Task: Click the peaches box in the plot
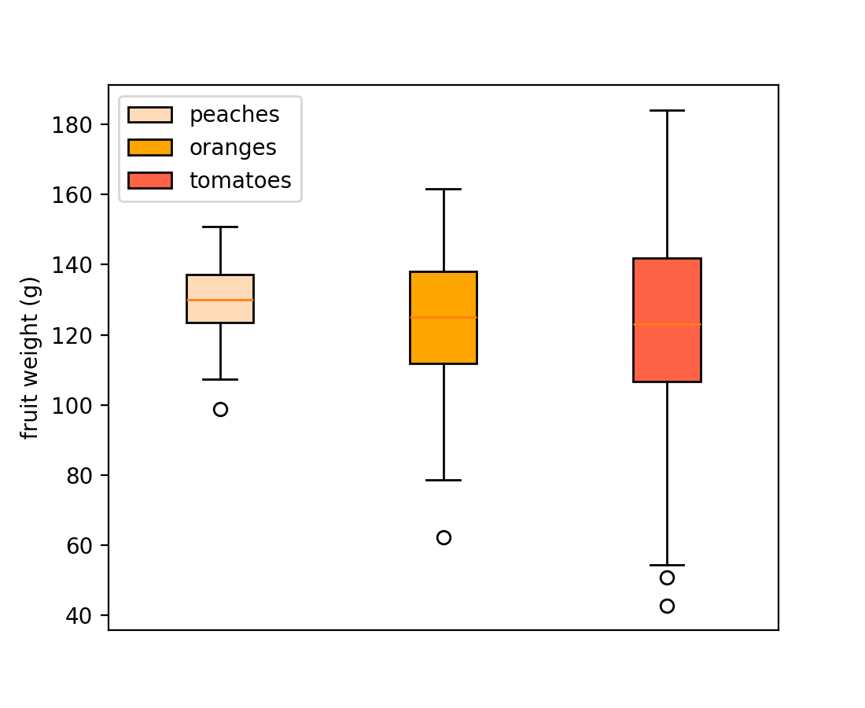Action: [x=220, y=310]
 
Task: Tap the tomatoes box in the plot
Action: [x=667, y=354]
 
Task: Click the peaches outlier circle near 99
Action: [x=220, y=409]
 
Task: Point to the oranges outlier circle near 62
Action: [x=444, y=538]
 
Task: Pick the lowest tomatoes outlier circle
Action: [x=667, y=606]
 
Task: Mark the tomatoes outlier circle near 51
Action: [x=667, y=577]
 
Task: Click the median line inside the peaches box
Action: [x=220, y=300]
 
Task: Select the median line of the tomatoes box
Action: [x=667, y=324]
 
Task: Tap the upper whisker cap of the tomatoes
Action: [x=667, y=111]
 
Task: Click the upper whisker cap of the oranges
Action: [x=444, y=190]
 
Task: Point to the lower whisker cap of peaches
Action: [x=220, y=379]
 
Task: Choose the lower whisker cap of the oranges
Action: [x=444, y=480]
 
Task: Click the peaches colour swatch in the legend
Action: [x=149, y=115]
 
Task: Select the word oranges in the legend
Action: [x=233, y=148]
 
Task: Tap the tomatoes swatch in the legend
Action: [x=149, y=181]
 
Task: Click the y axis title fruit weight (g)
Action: [x=30, y=358]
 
